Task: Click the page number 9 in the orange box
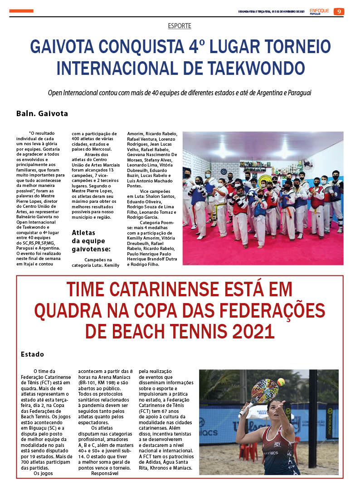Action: [x=339, y=11]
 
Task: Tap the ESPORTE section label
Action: [x=180, y=26]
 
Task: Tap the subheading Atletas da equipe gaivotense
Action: [x=91, y=240]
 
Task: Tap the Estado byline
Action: [x=32, y=354]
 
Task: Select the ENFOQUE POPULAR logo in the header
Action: [x=319, y=11]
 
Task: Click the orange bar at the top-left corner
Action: [x=21, y=11]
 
